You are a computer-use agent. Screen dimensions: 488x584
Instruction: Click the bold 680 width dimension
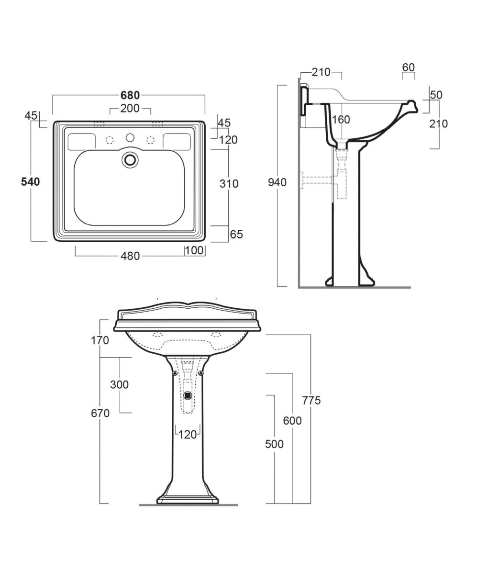click(130, 95)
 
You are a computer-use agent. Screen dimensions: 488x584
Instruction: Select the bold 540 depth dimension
click(31, 182)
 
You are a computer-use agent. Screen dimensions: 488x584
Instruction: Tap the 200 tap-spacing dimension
click(130, 109)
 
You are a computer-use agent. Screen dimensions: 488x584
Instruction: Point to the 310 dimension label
click(229, 184)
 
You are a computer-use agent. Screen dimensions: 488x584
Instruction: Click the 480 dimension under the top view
click(130, 256)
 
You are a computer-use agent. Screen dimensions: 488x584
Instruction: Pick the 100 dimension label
click(194, 250)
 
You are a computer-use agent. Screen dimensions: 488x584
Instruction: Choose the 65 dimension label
click(236, 235)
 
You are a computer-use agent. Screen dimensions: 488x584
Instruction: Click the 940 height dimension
click(277, 182)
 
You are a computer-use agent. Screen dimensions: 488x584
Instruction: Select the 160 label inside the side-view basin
click(341, 120)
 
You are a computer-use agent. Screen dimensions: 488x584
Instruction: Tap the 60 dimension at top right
click(409, 67)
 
